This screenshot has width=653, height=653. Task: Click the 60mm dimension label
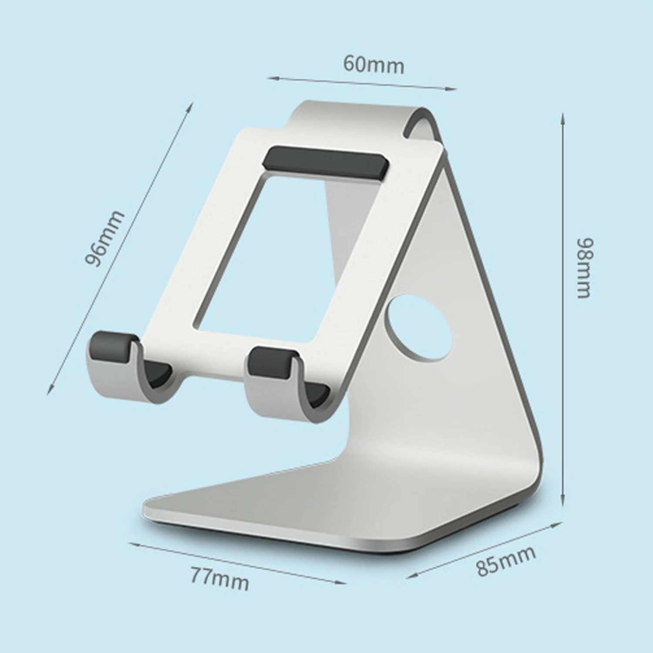374,64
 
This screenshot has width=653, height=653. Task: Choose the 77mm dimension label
220,578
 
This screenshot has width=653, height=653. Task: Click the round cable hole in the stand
418,328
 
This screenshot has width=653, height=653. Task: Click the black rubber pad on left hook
111,346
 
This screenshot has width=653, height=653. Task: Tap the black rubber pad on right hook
272,361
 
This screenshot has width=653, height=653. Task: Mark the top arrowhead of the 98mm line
563,117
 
